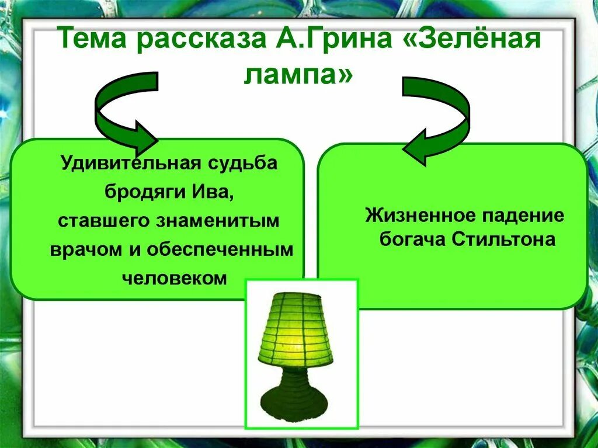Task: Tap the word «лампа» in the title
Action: (x=298, y=75)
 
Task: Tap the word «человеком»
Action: (x=174, y=277)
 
